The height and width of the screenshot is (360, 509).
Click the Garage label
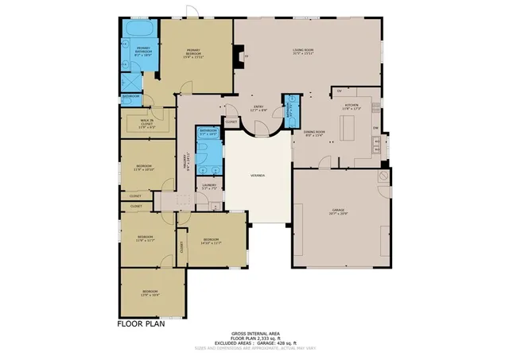(x=340, y=212)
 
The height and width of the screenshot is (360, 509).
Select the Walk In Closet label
(x=147, y=123)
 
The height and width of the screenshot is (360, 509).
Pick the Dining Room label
(x=315, y=134)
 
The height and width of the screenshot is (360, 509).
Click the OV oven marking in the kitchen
(x=339, y=91)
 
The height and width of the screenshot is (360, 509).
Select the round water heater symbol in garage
(x=383, y=173)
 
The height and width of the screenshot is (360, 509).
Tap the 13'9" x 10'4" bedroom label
(x=150, y=293)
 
